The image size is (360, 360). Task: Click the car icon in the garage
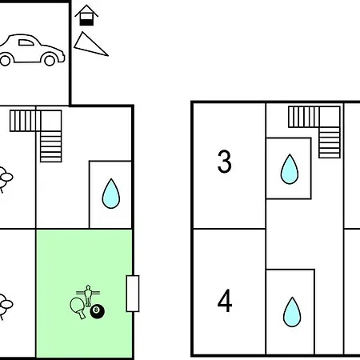(32, 50)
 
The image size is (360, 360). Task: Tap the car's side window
(26, 42)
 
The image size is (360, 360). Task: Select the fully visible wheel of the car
(50, 59)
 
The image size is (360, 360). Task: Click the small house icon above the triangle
(86, 15)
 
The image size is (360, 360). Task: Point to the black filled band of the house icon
(86, 22)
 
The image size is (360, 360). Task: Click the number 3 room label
(224, 162)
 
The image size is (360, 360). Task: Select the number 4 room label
(225, 301)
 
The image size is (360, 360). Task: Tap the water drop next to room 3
(290, 169)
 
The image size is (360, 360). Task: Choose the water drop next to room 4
(292, 312)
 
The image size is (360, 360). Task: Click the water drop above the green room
(111, 194)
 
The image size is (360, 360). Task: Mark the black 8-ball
(97, 311)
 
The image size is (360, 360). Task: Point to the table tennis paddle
(78, 307)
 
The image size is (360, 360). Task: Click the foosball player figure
(88, 295)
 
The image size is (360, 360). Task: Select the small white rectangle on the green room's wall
(133, 294)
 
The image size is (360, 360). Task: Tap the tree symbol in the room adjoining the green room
(6, 306)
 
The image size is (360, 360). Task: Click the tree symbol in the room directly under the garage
(6, 178)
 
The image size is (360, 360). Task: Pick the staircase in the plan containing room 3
(314, 132)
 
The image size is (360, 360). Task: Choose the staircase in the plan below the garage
(36, 136)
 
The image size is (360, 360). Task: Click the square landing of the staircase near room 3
(330, 117)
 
